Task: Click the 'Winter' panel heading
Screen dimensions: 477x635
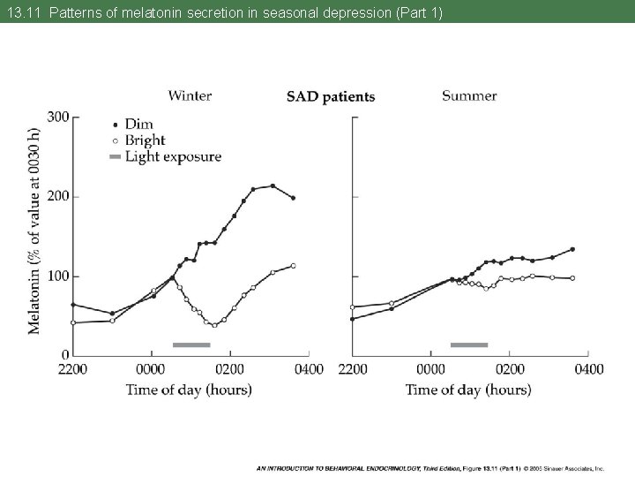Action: pos(190,95)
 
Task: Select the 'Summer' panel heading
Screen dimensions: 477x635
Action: pos(469,95)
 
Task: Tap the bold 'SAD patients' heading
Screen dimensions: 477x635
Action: pos(331,97)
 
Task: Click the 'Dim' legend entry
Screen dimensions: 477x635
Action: pos(138,125)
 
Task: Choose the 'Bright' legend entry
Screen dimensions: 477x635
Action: pos(144,140)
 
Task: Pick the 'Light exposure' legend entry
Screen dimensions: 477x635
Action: pos(172,157)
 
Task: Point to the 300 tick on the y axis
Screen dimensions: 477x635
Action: pos(58,117)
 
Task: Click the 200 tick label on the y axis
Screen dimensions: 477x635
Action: pos(58,196)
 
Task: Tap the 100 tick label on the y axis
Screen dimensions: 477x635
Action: pos(58,276)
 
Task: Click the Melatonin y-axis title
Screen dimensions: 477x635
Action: pos(34,231)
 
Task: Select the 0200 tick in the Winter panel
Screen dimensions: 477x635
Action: pos(230,368)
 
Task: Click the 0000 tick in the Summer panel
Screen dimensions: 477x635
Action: pos(430,368)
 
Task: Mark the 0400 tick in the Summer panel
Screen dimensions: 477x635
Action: pos(588,368)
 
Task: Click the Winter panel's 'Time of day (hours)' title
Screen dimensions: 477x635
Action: pos(188,389)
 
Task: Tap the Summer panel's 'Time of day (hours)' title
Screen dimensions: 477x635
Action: pos(468,389)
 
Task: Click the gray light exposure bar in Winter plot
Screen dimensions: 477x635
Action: pos(191,344)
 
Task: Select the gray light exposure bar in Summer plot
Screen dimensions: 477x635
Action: pos(469,344)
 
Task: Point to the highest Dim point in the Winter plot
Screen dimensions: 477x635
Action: pos(273,185)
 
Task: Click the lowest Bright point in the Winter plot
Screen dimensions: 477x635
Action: pos(213,325)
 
